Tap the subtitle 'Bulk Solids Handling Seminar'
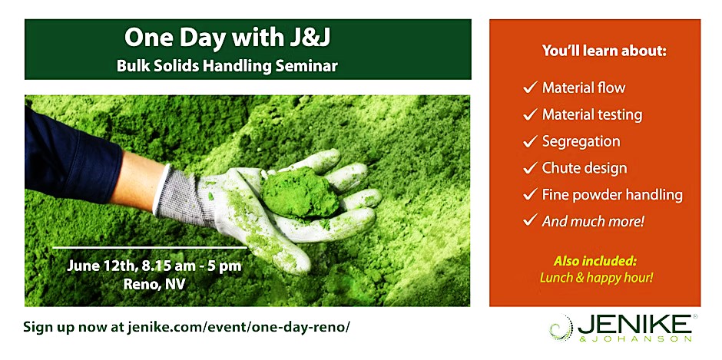click(x=227, y=66)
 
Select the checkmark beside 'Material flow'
click(x=531, y=88)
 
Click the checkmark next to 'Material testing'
click(x=531, y=114)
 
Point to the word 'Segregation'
click(x=581, y=141)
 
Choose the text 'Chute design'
click(x=585, y=168)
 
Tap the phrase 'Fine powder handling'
click(x=606, y=195)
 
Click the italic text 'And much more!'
click(x=593, y=221)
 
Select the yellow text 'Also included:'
click(x=595, y=262)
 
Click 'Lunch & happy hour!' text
click(x=596, y=278)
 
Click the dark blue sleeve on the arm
click(x=69, y=157)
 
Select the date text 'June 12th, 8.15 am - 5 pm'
click(x=154, y=266)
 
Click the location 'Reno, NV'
click(x=154, y=284)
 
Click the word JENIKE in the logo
click(x=634, y=325)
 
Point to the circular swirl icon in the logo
click(x=561, y=328)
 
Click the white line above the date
click(x=150, y=248)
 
